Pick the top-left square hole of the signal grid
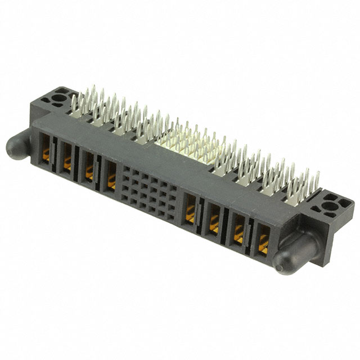(128, 171)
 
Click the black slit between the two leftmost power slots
(56, 156)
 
